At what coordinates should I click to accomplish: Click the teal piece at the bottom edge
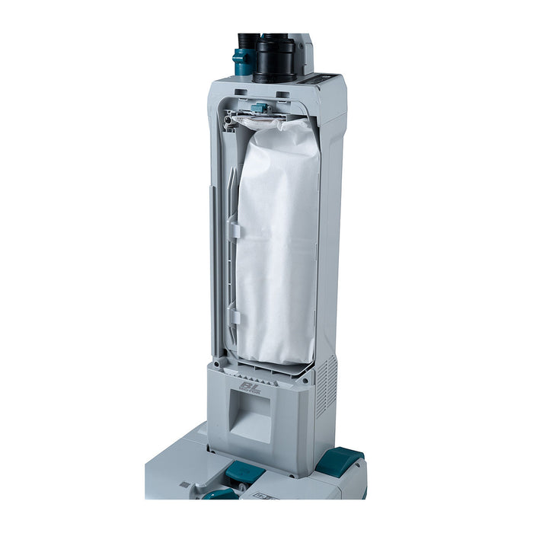coord(221,494)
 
